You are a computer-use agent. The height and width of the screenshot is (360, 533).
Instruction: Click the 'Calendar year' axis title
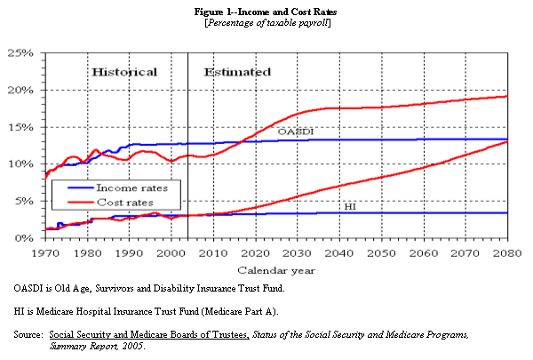(x=275, y=268)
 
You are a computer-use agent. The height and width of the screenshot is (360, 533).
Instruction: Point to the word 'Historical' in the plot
(x=124, y=72)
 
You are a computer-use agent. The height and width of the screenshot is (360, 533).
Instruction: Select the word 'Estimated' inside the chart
(x=237, y=72)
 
